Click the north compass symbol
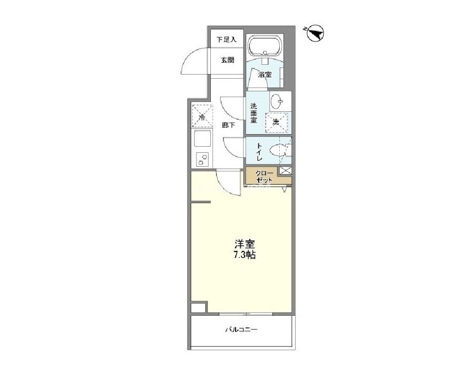pyautogui.click(x=315, y=33)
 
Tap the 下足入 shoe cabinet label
pyautogui.click(x=227, y=40)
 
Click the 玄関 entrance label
pyautogui.click(x=228, y=60)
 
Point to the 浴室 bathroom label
pyautogui.click(x=264, y=75)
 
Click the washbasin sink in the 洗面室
pyautogui.click(x=277, y=102)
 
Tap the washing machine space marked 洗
pyautogui.click(x=276, y=122)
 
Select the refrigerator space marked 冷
pyautogui.click(x=202, y=116)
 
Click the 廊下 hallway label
pyautogui.click(x=229, y=125)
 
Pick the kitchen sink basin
pyautogui.click(x=202, y=138)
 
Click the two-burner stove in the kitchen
pyautogui.click(x=202, y=160)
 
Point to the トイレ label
pyautogui.click(x=259, y=152)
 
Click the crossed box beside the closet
pyautogui.click(x=286, y=170)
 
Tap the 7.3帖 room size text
pyautogui.click(x=245, y=255)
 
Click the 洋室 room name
pyautogui.click(x=245, y=244)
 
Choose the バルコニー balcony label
pyautogui.click(x=241, y=329)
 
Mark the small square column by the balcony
pyautogui.click(x=198, y=308)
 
